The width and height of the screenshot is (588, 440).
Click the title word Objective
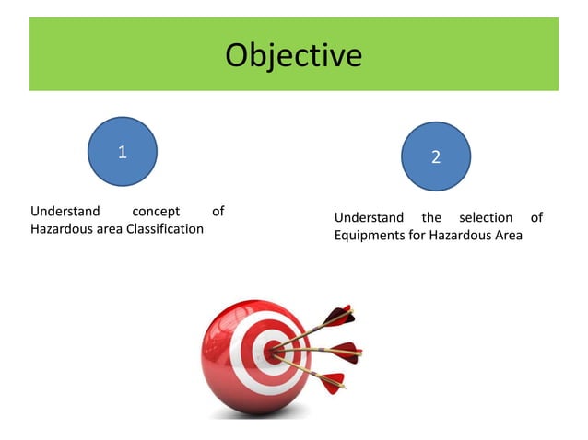point(293,56)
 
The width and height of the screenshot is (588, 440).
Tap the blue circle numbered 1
point(123,151)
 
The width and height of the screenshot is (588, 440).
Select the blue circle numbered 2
point(436,156)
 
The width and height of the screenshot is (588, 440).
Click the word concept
point(156,212)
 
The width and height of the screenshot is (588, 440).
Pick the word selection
point(486,218)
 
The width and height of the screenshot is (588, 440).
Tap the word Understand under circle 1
point(65,212)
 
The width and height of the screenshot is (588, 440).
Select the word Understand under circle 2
point(369,218)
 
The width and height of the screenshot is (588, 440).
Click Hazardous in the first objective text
point(61,228)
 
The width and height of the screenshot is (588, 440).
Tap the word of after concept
point(218,212)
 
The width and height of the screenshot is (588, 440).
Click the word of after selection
point(536,218)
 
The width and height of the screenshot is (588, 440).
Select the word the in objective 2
point(431,218)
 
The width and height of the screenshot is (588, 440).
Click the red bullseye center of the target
point(273,351)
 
